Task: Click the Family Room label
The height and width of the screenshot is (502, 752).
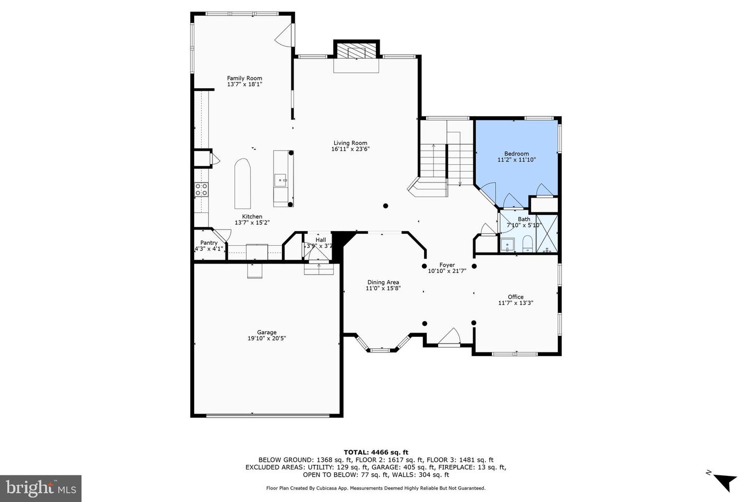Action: click(x=244, y=78)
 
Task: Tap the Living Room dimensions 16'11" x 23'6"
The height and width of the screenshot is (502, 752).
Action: click(x=350, y=149)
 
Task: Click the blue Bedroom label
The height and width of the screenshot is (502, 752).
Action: click(x=516, y=154)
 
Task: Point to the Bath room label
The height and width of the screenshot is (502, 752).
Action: click(x=524, y=219)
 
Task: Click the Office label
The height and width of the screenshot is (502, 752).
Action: click(x=515, y=297)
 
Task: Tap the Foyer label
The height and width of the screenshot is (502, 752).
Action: click(x=447, y=265)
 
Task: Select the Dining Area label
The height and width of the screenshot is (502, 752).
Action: click(x=383, y=282)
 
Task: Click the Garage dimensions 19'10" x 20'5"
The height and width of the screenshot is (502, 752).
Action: click(x=266, y=338)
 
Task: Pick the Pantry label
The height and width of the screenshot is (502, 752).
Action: click(x=209, y=243)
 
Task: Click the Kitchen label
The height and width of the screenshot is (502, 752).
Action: click(x=252, y=216)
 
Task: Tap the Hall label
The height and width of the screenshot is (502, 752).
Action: click(x=321, y=239)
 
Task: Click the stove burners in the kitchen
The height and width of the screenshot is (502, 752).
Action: click(x=202, y=189)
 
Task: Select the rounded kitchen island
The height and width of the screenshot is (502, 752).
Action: click(x=242, y=183)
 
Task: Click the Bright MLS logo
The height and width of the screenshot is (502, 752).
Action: click(x=40, y=488)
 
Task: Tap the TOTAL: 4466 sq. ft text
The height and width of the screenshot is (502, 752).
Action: click(x=375, y=452)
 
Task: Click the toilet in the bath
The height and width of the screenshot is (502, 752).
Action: click(x=527, y=243)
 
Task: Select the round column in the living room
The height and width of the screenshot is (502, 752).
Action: click(x=385, y=206)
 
